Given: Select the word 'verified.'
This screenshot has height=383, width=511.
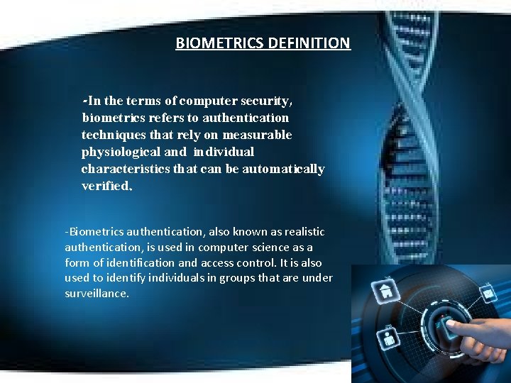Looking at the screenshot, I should (106, 186).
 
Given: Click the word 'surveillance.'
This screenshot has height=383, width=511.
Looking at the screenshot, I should (97, 293).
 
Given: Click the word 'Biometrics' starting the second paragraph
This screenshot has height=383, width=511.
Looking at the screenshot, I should (94, 232).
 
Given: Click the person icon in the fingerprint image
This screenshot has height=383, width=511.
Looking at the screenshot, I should (390, 338).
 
